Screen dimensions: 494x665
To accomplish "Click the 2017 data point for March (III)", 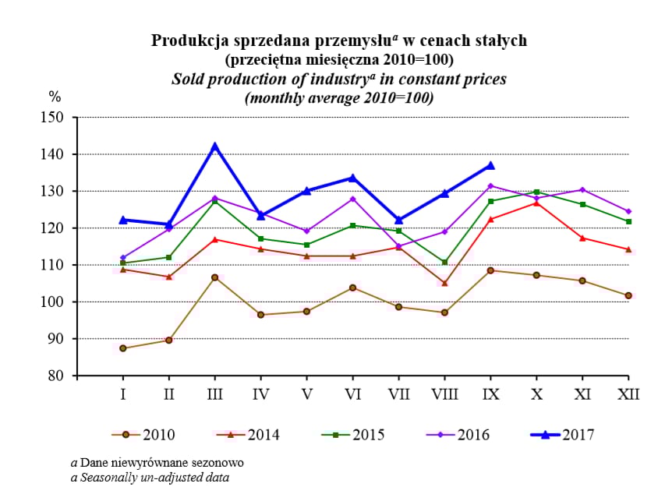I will coord(215,146).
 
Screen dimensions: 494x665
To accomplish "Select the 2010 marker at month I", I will coord(123,348).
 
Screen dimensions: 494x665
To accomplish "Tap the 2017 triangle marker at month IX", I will coord(490,165).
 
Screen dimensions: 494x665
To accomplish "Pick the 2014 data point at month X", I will coord(536,203).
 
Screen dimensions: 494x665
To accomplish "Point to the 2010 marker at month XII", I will coord(628,295).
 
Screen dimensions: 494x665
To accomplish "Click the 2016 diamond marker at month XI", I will coord(582,190).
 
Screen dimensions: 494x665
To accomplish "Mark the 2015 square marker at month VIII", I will coord(444,263).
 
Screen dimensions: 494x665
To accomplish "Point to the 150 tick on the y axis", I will coord(55,118).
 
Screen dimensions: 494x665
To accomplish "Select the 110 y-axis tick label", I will coord(55,265).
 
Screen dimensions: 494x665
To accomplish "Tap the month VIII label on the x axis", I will coord(444,394).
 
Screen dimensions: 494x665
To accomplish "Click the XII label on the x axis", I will coord(628,394).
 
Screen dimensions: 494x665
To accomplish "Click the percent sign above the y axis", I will coord(55,97).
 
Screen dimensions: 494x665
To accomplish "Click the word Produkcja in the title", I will coord(185,40).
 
